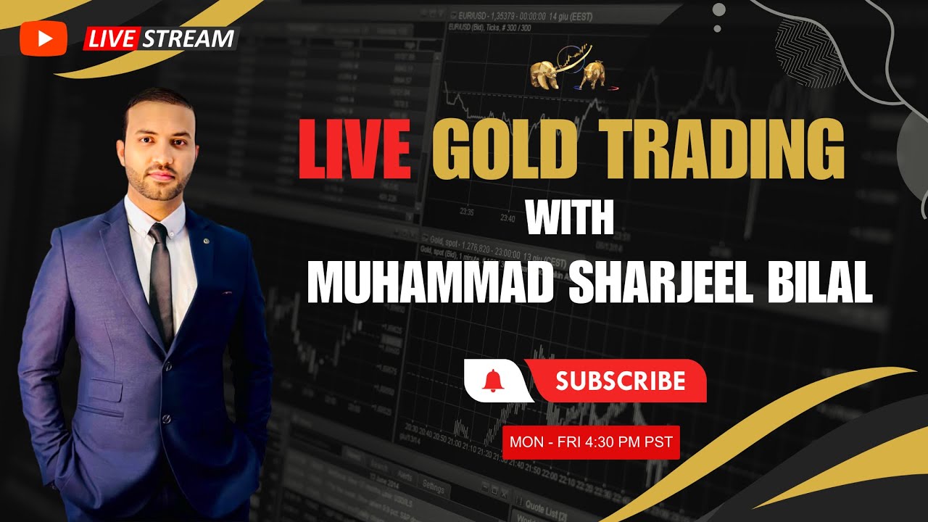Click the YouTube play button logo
(x=43, y=38)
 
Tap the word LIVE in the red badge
(x=112, y=39)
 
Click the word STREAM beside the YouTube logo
(x=188, y=38)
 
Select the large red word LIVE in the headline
(x=355, y=151)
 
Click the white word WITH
(x=570, y=217)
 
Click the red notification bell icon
(x=492, y=380)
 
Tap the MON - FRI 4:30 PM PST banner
(x=591, y=442)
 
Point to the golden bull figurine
(x=592, y=75)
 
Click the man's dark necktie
(x=161, y=283)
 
